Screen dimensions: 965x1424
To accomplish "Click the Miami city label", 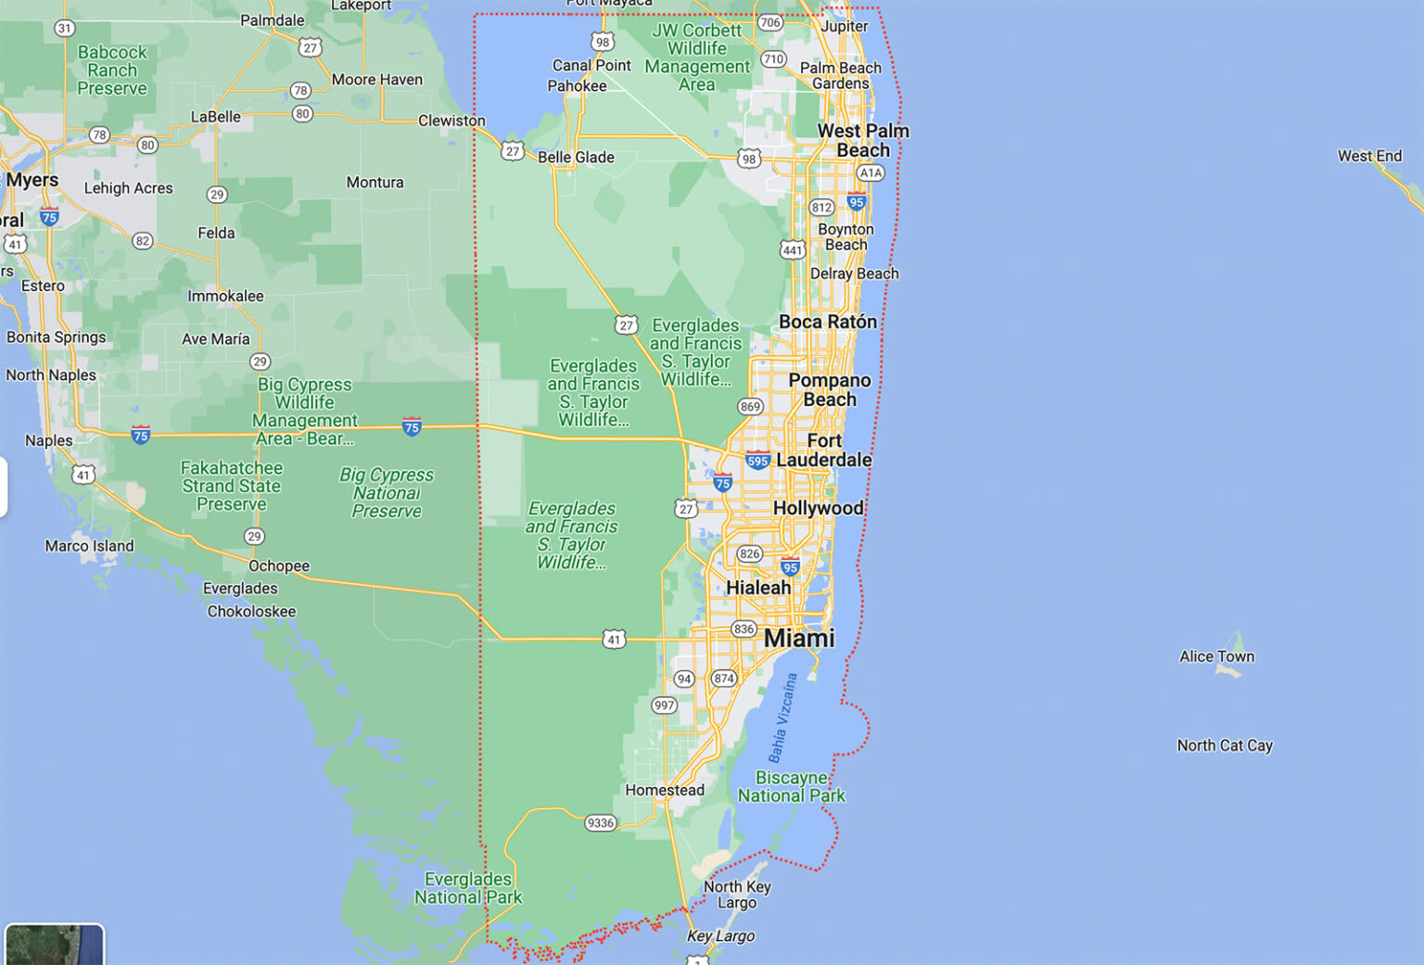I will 799,638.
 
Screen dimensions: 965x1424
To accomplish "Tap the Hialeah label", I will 758,588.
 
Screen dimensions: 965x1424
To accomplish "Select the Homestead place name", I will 665,790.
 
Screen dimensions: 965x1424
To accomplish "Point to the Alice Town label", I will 1216,656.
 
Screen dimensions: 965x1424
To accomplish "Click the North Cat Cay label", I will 1225,745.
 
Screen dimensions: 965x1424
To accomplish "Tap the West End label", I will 1369,156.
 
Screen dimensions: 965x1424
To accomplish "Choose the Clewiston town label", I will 451,121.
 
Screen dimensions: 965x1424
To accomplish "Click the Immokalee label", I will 225,296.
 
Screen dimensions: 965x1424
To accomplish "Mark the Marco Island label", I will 89,546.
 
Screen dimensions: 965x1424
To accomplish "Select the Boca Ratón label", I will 828,322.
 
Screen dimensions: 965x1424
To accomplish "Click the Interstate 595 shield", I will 757,461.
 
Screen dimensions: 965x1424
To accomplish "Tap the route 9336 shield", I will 601,822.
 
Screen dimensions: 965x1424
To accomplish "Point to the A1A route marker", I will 870,172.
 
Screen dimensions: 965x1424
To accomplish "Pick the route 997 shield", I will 664,705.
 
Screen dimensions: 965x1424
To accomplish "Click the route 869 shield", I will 750,406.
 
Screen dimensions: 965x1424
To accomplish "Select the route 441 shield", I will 792,249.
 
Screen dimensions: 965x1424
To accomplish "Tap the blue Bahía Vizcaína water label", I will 782,718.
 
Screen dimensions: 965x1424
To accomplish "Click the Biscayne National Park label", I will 792,786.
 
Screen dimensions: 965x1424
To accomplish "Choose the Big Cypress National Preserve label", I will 387,492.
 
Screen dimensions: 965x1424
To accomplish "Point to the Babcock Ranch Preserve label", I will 112,70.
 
